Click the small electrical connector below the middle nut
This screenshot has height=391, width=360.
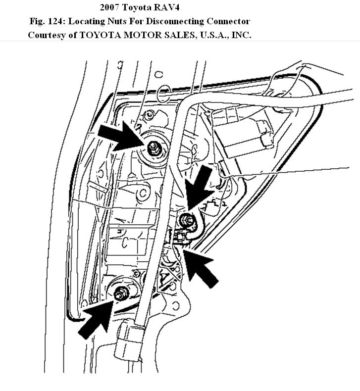click(x=181, y=237)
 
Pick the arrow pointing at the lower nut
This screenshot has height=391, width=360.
click(x=97, y=319)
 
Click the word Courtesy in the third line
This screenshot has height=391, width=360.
click(x=45, y=35)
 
